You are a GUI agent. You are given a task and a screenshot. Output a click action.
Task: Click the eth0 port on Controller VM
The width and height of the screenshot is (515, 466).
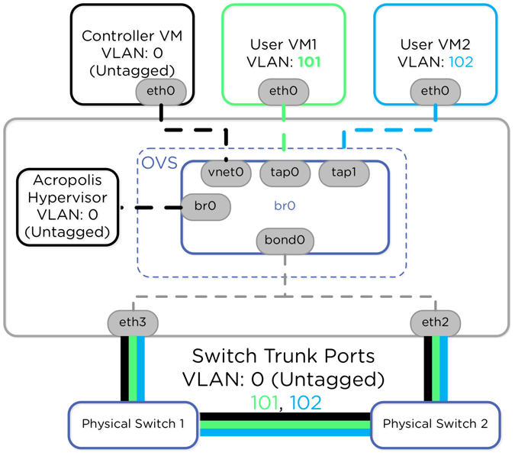click(x=161, y=92)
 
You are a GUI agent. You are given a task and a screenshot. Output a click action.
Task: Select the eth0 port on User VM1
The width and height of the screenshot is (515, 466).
click(x=283, y=92)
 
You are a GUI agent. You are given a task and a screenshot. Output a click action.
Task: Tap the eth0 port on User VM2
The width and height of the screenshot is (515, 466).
click(x=435, y=92)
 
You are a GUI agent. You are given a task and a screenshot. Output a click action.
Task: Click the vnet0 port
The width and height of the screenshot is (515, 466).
click(x=226, y=173)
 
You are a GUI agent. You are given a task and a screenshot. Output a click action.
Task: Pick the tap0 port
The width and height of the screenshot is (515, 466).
click(x=285, y=173)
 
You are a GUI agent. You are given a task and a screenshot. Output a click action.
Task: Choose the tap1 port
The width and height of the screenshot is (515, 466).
click(x=343, y=173)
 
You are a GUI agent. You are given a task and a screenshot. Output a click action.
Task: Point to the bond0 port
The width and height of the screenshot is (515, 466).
click(x=285, y=241)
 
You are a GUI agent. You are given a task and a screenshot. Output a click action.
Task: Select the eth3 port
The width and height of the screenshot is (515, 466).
click(x=133, y=322)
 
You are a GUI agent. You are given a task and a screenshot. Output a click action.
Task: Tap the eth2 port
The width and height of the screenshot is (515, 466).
click(x=435, y=322)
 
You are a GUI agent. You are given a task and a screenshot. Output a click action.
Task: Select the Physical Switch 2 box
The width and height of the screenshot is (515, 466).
click(x=435, y=424)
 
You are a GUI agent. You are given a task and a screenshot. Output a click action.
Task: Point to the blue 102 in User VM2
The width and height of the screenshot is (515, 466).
click(x=460, y=62)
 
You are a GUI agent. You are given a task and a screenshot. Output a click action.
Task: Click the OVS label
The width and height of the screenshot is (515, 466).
click(x=158, y=163)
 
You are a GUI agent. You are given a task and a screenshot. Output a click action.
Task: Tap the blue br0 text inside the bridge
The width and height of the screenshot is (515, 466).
click(x=285, y=206)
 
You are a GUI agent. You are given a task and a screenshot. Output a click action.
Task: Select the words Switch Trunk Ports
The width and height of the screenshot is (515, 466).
click(x=283, y=356)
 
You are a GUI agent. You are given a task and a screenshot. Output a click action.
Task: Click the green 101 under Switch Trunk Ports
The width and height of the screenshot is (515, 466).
click(x=264, y=402)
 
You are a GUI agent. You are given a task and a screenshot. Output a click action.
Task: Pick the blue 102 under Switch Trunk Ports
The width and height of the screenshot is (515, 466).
click(x=305, y=402)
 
